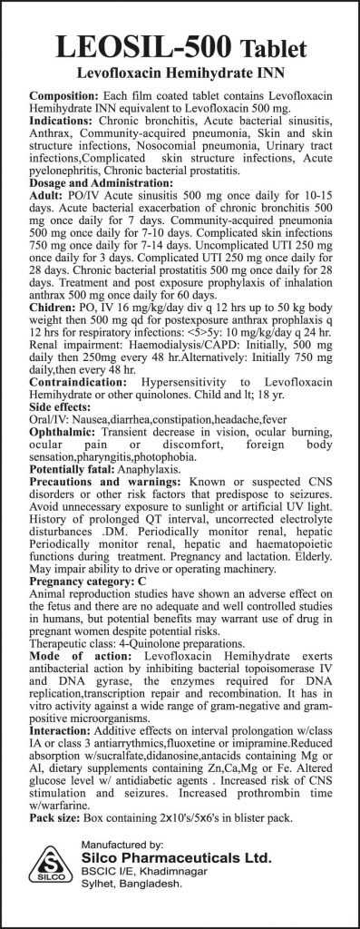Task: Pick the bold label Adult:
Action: (x=48, y=196)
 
